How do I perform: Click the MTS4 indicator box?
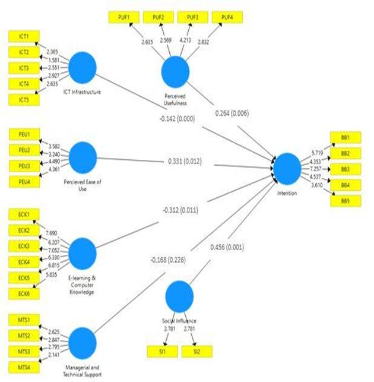[x=24, y=367]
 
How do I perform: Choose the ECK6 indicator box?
[x=24, y=293]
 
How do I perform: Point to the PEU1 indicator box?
[x=24, y=134]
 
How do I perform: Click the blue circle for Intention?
[x=287, y=167]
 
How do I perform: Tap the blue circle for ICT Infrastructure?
[x=83, y=67]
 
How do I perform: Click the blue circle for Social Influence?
[x=180, y=295]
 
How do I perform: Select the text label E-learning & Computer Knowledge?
[x=83, y=283]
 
